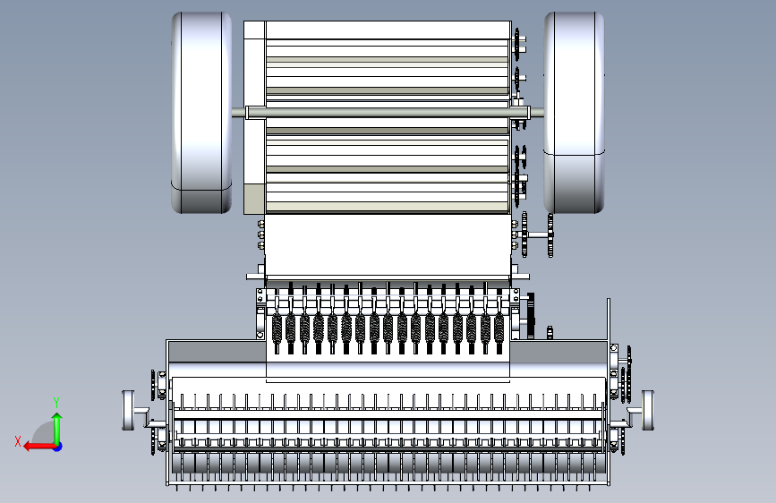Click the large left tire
coord(201,113)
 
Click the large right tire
coord(574,113)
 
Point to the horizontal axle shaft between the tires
coord(388,113)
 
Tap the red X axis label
coord(18,441)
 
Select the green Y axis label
coord(56,403)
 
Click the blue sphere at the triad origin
coord(58,447)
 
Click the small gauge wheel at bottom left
coord(128,410)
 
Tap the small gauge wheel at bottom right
coord(648,410)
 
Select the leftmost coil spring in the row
coord(277,328)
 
